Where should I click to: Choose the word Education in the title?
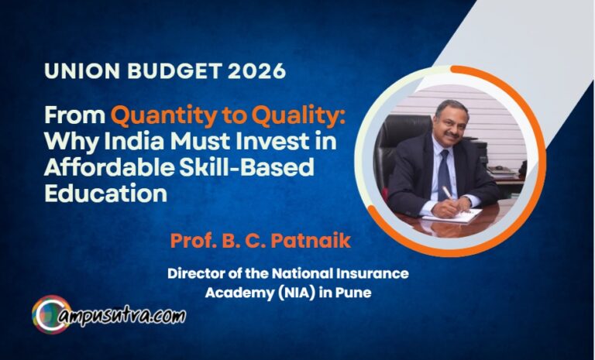coord(105,193)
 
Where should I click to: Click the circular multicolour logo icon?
coord(51,314)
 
